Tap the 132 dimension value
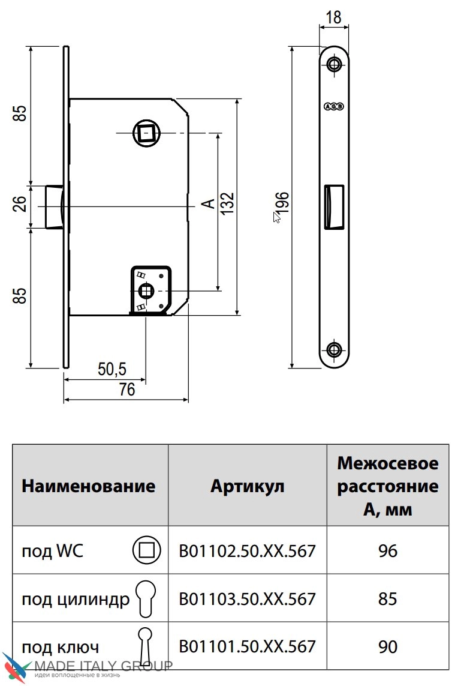pos(227,204)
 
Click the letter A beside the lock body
pos(207,204)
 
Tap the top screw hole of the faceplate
pos(334,64)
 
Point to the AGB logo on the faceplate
pos(333,107)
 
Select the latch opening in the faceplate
pos(333,206)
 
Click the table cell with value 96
pos(387,550)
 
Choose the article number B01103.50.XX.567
pos(247,598)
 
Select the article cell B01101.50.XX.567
pos(247,646)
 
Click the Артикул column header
pos(247,486)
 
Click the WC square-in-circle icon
pos(146,550)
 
